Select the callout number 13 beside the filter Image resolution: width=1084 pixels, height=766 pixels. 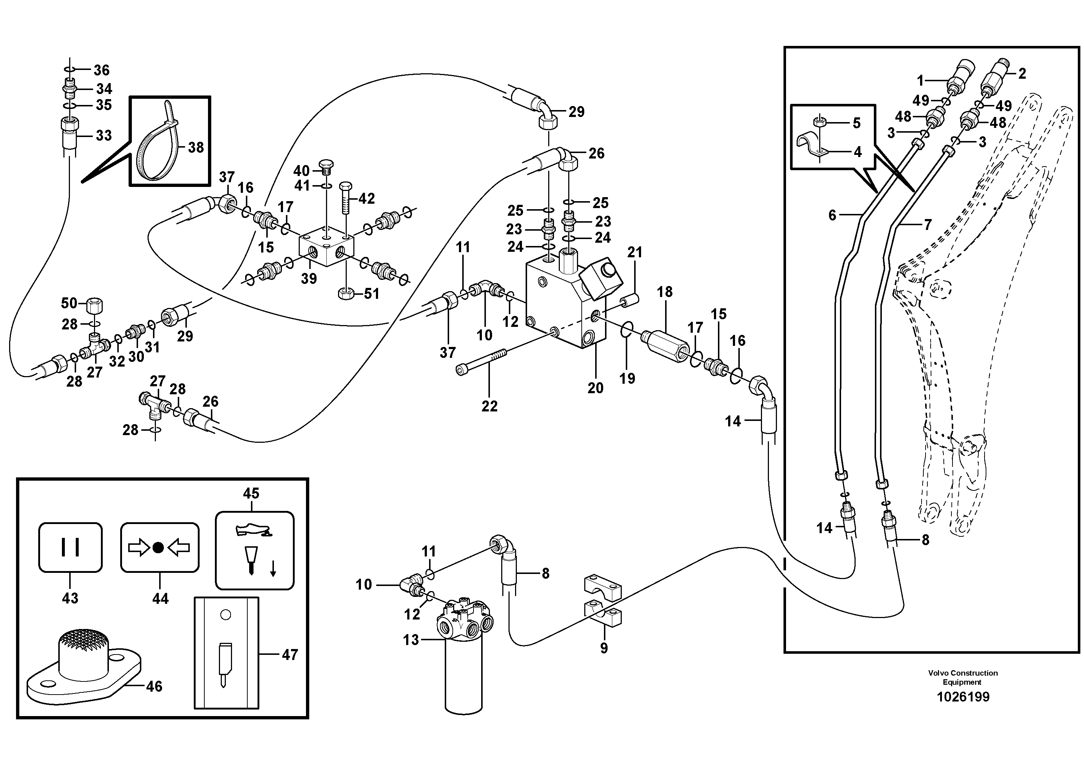coord(411,640)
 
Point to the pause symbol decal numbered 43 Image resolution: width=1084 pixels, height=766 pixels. coord(70,547)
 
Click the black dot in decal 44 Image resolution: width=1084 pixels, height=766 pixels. coord(159,548)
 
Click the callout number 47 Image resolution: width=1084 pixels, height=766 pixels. coord(290,654)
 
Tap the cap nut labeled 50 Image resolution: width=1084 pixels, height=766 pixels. coord(95,306)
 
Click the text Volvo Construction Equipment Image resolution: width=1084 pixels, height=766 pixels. coord(963,677)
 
